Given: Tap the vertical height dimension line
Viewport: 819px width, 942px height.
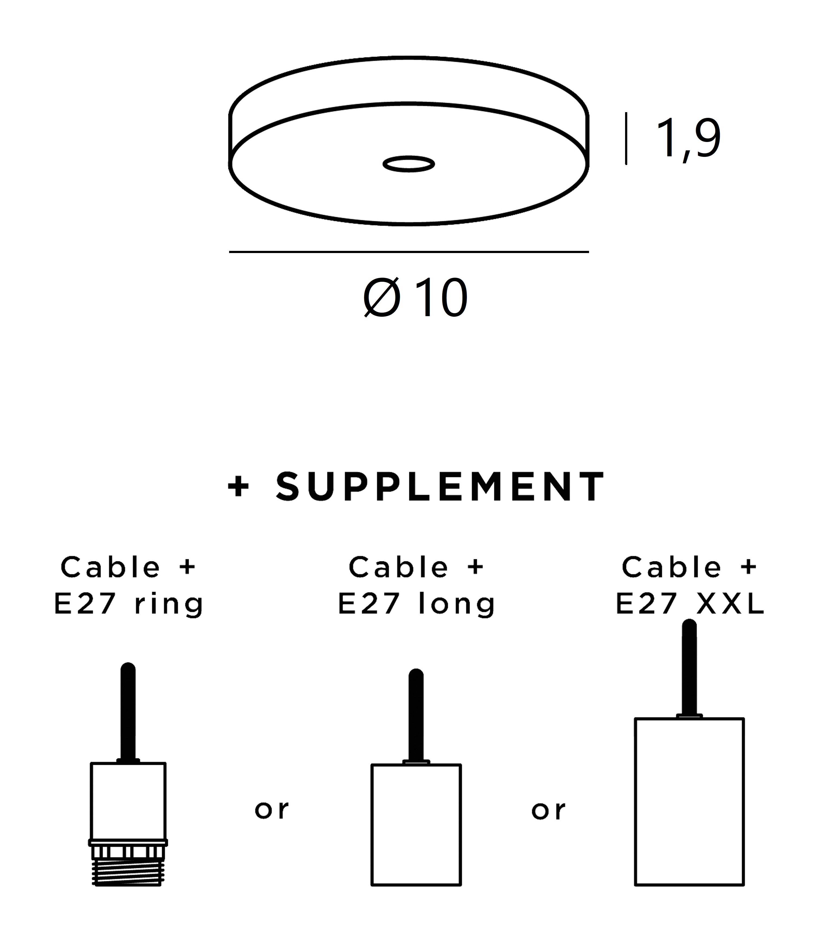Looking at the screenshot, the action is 626,138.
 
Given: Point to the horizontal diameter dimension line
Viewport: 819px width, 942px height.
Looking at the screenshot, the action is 409,252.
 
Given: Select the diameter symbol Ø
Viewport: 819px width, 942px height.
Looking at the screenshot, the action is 382,297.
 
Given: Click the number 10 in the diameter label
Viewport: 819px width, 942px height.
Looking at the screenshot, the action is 441,297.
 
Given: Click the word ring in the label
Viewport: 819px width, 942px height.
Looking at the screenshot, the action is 169,605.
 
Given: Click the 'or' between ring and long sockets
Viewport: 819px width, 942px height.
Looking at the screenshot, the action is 271,810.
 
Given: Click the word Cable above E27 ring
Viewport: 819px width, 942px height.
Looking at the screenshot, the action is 110,567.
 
